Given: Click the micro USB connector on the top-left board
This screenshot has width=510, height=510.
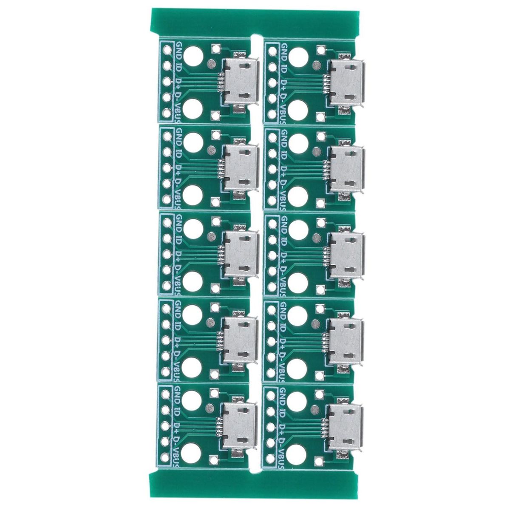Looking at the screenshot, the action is pyautogui.click(x=241, y=82).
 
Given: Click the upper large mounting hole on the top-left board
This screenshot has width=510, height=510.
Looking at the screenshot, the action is pyautogui.click(x=193, y=57).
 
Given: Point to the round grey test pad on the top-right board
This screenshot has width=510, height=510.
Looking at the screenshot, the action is pyautogui.click(x=316, y=65).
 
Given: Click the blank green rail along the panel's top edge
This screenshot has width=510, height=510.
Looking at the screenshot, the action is pyautogui.click(x=255, y=23).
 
